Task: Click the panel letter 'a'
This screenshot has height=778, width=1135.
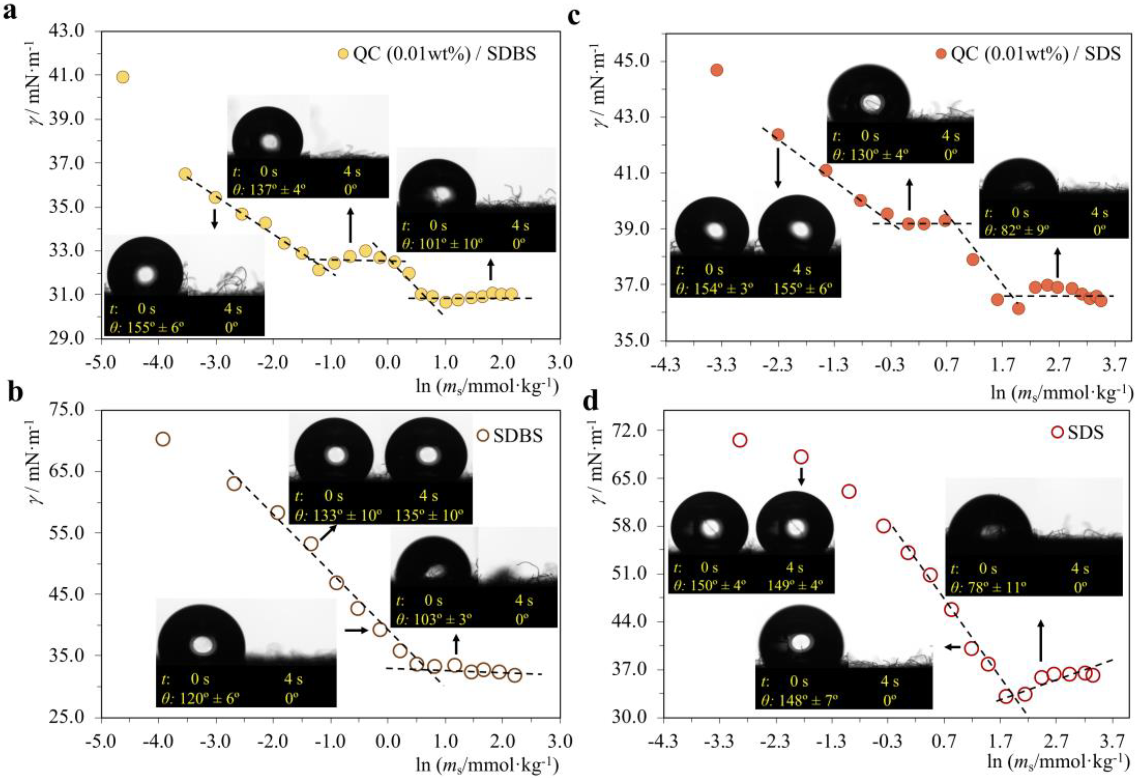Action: tap(11, 11)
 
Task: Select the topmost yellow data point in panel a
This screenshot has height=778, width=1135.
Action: tap(123, 77)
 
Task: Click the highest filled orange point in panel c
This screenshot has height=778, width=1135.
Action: tap(717, 70)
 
